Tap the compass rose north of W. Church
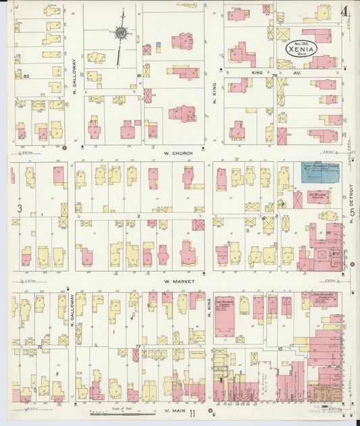pyautogui.click(x=121, y=32)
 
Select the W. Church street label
pyautogui.click(x=178, y=153)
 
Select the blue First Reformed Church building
pyautogui.click(x=320, y=173)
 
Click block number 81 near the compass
pyautogui.click(x=138, y=76)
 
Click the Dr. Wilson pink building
pyautogui.click(x=318, y=196)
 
